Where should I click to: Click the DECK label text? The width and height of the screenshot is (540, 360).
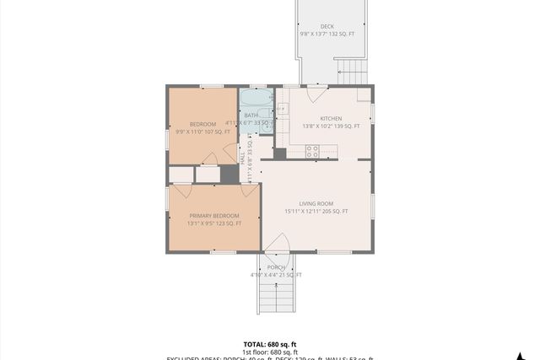327,27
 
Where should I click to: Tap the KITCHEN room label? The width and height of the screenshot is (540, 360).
330,118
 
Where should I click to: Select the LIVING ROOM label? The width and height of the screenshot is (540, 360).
316,203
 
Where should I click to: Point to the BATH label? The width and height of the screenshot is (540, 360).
251,115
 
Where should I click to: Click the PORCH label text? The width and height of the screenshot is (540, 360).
276,267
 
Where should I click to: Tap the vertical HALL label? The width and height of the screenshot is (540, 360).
242,158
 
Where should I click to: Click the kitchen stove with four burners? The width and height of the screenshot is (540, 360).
312,151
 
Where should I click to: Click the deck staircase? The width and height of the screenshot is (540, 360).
353,71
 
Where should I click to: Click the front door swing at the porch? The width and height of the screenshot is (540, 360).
277,243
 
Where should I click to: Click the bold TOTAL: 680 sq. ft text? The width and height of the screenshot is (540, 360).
270,344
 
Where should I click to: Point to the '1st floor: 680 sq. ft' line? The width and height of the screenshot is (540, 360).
270,352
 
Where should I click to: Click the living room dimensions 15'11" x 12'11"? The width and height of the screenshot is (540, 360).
316,212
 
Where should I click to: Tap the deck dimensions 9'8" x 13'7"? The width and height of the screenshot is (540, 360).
327,35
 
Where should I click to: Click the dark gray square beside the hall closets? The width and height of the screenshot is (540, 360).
229,174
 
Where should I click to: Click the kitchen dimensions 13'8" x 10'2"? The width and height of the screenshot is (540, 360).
330,126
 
